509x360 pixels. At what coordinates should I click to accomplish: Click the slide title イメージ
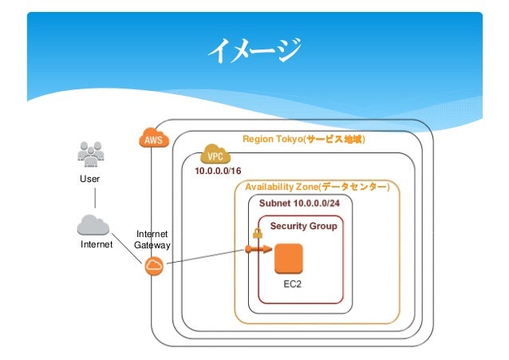[254, 49]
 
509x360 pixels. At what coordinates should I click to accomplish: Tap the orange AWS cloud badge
[154, 138]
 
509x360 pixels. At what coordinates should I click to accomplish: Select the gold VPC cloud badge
[215, 154]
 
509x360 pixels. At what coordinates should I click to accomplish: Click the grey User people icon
[91, 154]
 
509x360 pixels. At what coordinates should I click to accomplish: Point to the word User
[89, 179]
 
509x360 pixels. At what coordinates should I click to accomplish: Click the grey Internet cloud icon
[93, 225]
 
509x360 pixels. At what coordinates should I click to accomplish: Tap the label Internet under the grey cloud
[97, 244]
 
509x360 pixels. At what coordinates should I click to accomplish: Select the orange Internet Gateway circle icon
[154, 266]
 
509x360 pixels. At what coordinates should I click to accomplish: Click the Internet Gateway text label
[152, 239]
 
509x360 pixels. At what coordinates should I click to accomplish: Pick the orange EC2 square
[289, 259]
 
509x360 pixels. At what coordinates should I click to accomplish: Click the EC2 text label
[292, 284]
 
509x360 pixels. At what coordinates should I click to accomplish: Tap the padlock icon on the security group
[258, 233]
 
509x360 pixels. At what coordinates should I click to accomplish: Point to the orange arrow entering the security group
[258, 249]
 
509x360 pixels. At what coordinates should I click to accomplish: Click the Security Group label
[303, 226]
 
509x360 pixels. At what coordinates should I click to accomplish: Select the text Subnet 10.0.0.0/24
[299, 204]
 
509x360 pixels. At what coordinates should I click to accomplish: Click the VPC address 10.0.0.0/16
[218, 171]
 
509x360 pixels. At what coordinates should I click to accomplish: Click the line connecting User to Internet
[95, 198]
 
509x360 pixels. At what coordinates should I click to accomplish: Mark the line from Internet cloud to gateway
[127, 248]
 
